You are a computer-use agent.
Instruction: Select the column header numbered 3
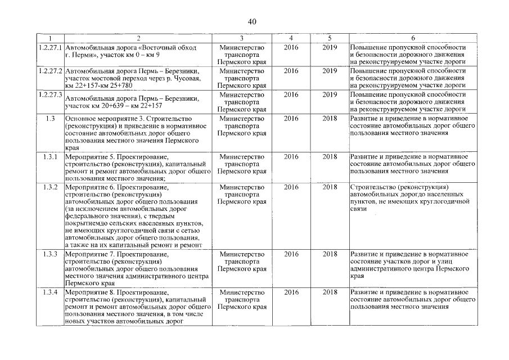click(242, 38)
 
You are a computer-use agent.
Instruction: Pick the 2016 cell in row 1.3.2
click(291, 187)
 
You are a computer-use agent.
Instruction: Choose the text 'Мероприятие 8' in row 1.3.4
click(89, 293)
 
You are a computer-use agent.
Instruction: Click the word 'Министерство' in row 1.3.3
click(242, 254)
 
